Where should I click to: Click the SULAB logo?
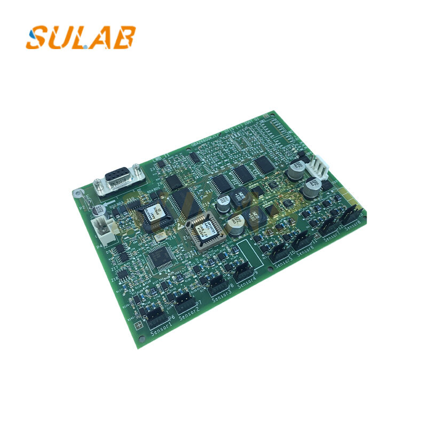pos(81,37)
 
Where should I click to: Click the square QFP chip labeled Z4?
pos(158,259)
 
